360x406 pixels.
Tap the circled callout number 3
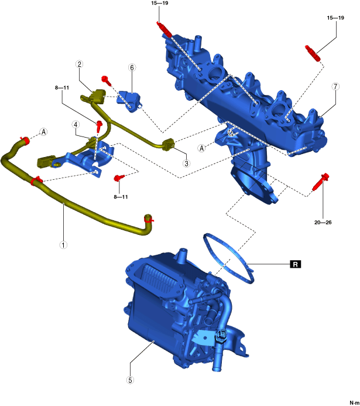186,163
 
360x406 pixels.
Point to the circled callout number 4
76,124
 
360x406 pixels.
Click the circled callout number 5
130,380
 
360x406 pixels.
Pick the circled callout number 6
132,68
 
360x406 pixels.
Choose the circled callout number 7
335,86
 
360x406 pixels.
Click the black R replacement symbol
296,265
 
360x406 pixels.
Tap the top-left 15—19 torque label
159,3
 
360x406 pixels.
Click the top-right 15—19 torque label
336,19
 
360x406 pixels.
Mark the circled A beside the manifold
202,148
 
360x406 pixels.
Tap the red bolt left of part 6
107,80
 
